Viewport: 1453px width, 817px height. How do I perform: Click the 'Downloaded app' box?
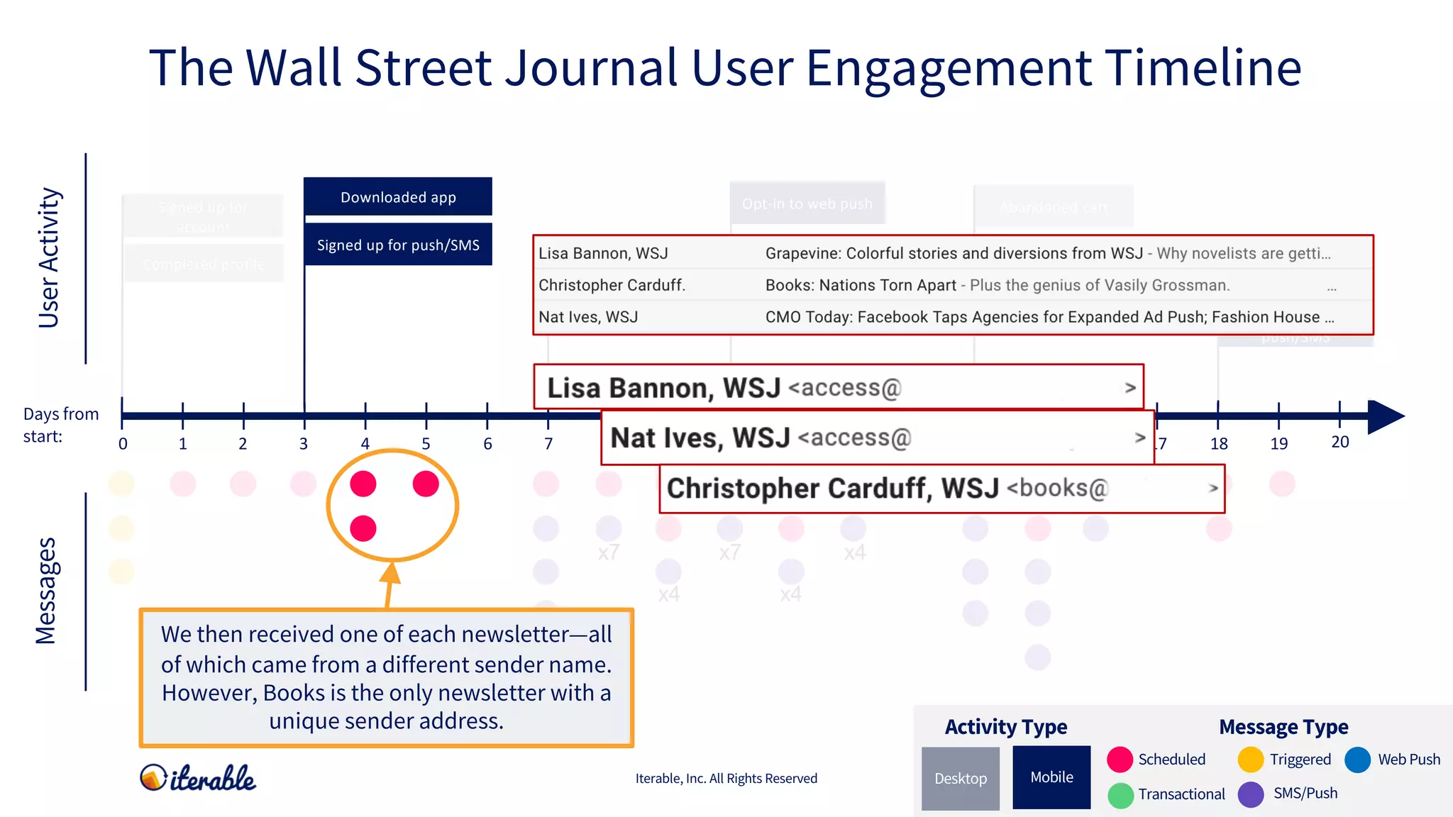pos(397,196)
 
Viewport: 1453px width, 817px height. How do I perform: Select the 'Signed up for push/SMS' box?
pos(397,245)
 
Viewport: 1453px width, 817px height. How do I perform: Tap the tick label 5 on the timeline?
pos(426,444)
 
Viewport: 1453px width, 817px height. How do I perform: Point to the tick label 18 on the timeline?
pos(1219,444)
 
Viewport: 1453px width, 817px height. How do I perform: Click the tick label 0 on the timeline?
pos(123,444)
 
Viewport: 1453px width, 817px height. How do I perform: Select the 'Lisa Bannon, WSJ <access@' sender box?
pos(838,387)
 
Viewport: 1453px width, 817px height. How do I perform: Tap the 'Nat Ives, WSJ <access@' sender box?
pos(877,438)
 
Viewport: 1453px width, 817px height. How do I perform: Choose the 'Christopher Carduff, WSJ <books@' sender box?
pos(941,489)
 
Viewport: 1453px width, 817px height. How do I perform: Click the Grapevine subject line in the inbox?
pos(1047,253)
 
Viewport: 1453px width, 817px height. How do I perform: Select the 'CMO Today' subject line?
pos(1049,317)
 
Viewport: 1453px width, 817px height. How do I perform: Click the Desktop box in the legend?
pos(960,778)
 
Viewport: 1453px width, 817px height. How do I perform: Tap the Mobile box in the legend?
pos(1051,777)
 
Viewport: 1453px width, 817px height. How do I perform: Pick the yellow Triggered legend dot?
pos(1250,760)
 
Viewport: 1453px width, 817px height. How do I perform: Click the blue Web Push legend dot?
pos(1357,760)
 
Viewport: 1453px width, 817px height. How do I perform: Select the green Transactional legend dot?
pos(1120,795)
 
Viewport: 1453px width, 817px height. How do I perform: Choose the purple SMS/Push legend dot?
pos(1251,794)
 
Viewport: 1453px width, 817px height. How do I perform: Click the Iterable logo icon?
pos(153,777)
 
